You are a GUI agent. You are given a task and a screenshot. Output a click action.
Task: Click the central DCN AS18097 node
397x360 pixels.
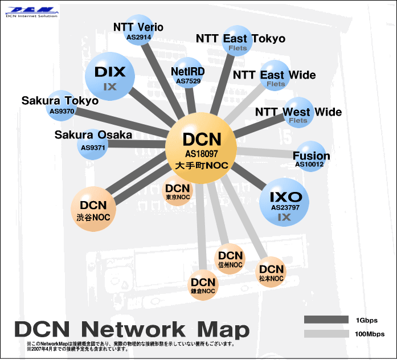click(201, 148)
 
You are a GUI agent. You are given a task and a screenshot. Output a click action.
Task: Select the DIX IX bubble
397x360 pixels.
click(110, 76)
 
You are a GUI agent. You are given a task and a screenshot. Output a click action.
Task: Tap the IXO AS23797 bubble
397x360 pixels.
click(284, 202)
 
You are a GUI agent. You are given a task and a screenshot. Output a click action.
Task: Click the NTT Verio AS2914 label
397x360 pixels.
click(138, 31)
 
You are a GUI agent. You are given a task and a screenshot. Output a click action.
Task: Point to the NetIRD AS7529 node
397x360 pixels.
click(188, 73)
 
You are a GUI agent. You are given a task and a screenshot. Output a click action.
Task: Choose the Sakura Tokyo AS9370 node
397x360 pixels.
click(62, 105)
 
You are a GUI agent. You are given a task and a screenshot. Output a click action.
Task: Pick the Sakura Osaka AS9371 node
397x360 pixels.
click(93, 145)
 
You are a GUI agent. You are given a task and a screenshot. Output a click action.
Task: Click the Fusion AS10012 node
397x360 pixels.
click(310, 156)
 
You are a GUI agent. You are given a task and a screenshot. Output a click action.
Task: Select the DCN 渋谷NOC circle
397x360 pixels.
click(93, 209)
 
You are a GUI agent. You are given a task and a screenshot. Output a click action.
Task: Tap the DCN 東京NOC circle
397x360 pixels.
click(178, 191)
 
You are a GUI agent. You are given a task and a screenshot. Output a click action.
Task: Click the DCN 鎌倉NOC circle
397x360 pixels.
click(203, 285)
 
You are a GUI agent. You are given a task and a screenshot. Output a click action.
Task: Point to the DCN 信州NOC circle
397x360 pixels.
click(230, 259)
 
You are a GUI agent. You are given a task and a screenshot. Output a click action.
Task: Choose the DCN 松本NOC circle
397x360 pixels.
click(271, 272)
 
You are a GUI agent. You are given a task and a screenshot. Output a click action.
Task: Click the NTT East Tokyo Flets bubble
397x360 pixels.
click(237, 41)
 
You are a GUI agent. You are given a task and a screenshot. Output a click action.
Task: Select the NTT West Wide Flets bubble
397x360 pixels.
click(298, 113)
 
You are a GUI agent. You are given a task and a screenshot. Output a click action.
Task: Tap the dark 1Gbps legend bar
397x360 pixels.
click(326, 320)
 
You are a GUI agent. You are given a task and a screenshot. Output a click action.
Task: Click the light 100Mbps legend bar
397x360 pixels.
click(326, 334)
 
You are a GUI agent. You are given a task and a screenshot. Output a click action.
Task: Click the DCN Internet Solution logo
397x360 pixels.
click(32, 12)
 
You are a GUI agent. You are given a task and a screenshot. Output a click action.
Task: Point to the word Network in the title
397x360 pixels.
click(133, 329)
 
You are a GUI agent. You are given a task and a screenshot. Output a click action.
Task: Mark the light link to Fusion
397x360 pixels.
click(266, 153)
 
